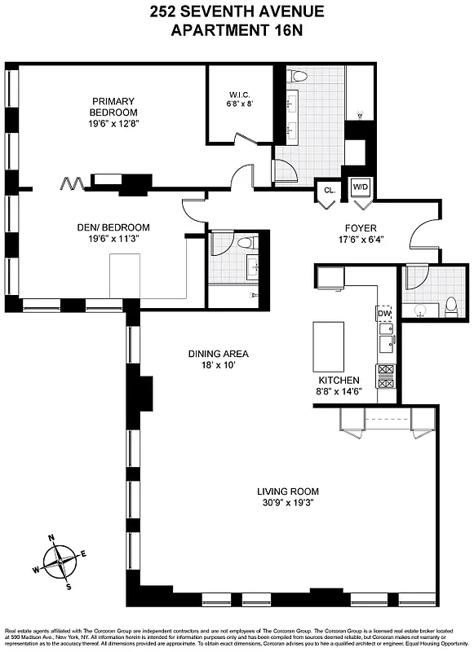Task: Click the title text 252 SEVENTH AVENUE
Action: click(237, 11)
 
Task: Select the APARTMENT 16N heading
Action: click(237, 30)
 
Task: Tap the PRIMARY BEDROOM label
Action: click(114, 107)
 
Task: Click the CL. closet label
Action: click(329, 190)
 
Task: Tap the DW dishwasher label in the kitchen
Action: click(384, 313)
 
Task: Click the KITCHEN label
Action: click(339, 381)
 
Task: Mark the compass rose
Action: click(59, 560)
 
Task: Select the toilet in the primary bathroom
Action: click(299, 77)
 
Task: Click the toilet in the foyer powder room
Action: click(450, 306)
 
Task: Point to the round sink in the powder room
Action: click(422, 309)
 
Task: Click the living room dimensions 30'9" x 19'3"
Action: click(287, 503)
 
